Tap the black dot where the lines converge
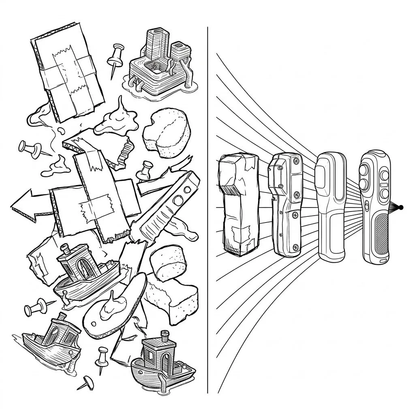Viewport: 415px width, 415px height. [401, 207]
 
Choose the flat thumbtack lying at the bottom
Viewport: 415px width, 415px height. [85, 381]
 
